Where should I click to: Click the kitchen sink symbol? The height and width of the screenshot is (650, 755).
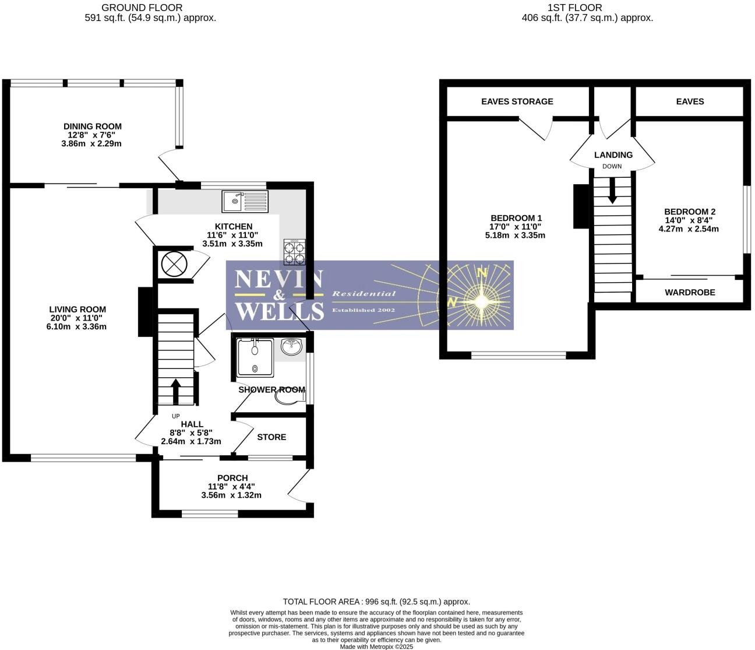245,202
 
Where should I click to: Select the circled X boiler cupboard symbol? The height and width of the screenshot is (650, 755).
172,264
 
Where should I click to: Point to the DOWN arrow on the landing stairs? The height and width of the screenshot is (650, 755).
612,191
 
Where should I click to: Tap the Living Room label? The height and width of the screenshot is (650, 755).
77,310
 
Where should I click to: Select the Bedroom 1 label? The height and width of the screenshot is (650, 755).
516,218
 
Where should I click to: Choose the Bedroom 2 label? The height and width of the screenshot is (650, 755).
689,212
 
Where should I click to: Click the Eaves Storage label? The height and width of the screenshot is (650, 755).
517,101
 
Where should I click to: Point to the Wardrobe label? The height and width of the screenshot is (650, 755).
690,292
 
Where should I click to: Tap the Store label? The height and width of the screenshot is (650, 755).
271,437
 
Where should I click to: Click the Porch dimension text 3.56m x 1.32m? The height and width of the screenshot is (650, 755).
231,496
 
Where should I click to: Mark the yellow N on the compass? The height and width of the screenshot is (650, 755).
482,272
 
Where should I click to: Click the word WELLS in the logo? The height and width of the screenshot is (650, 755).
279,311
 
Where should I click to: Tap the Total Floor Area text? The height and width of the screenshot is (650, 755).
376,602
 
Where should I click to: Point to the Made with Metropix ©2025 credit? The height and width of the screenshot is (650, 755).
376,647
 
